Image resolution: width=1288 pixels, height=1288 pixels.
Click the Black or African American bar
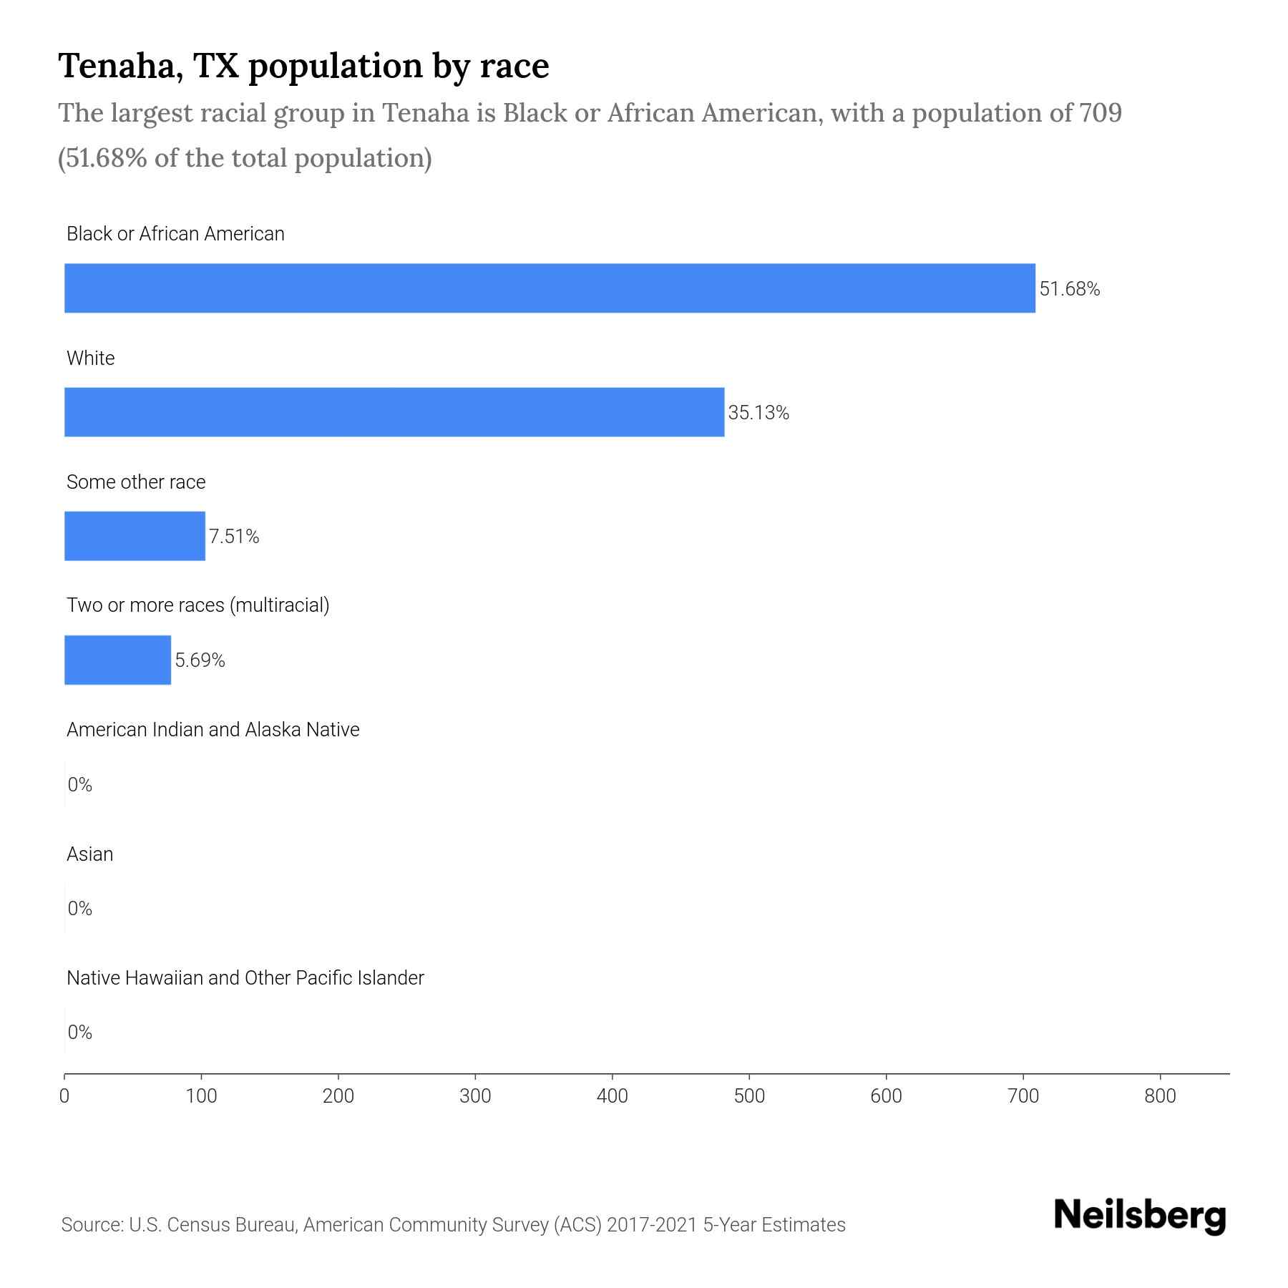[x=550, y=288]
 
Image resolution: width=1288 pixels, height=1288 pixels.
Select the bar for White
[x=394, y=412]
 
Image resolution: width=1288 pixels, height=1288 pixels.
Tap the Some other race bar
[x=135, y=536]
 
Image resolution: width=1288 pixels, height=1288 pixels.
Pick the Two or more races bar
[x=117, y=660]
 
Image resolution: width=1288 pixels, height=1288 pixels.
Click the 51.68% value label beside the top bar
[x=1069, y=289]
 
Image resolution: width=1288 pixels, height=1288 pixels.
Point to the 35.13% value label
[x=758, y=413]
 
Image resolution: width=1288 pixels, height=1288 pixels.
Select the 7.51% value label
[x=234, y=537]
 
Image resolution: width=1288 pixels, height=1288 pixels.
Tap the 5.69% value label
[x=200, y=660]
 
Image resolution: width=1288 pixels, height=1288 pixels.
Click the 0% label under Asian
[x=80, y=909]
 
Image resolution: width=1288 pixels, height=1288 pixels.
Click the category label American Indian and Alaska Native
[x=213, y=730]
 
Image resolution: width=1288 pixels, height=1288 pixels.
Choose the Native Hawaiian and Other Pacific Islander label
[x=245, y=978]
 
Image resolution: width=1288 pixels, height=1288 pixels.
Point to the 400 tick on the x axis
[x=613, y=1096]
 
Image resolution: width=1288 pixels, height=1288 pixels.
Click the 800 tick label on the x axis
[x=1160, y=1096]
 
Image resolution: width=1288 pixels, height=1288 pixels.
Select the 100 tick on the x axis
[x=202, y=1096]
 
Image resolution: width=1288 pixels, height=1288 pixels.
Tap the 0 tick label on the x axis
[x=64, y=1096]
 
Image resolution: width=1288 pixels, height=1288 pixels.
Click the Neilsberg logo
[x=1140, y=1216]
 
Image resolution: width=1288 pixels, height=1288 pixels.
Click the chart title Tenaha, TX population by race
[x=303, y=66]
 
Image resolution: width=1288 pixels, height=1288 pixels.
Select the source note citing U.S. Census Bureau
[x=453, y=1225]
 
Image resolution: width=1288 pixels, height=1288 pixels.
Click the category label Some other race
[x=136, y=482]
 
